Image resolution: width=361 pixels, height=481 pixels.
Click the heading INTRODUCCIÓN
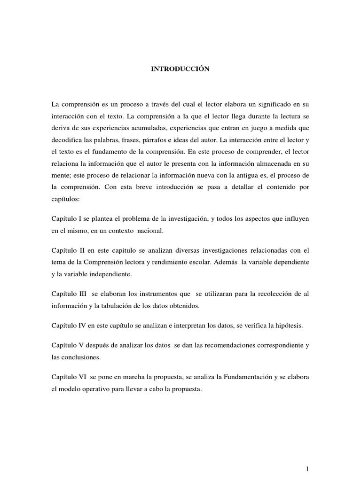(180, 69)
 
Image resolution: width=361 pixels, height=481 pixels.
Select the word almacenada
(276, 164)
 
